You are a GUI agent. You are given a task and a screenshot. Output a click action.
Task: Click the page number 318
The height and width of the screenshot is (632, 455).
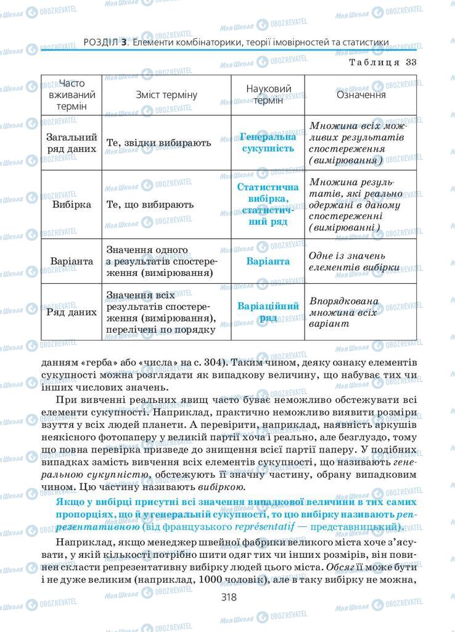point(227,597)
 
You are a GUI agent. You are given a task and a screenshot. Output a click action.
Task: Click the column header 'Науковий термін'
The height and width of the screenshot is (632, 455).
point(268,95)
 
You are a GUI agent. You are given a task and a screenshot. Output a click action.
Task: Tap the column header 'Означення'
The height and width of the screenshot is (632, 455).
point(361,95)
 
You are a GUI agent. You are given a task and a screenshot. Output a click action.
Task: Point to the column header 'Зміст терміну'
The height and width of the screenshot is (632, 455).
point(166,95)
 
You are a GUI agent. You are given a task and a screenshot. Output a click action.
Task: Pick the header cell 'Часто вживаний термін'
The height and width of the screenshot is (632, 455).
point(72,94)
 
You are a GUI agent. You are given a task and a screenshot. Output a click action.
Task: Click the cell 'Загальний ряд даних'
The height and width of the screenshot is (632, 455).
point(72,143)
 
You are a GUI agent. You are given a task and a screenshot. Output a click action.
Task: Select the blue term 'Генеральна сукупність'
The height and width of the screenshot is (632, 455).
point(268,143)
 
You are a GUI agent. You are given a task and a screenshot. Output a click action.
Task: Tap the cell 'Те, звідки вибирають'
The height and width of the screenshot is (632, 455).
point(158,143)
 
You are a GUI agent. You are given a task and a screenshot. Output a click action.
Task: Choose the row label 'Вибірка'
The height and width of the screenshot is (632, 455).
point(72,204)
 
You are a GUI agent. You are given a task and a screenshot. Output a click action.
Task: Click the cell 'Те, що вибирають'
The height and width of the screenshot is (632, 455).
point(150,204)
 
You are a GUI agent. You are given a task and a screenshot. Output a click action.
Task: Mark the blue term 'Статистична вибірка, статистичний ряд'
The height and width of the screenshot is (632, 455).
point(268,204)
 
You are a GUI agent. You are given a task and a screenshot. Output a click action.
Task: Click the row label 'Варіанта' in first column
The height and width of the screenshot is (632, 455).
point(72,261)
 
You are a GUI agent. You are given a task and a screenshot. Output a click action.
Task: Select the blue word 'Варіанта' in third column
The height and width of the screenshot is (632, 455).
point(268,261)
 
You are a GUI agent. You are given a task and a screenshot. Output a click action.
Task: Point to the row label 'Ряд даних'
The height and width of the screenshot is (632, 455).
point(72,312)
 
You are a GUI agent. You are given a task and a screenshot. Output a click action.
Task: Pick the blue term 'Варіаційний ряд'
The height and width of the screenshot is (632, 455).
point(268,312)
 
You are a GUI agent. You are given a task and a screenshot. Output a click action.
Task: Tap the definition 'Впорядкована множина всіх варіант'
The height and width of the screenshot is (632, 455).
point(353,312)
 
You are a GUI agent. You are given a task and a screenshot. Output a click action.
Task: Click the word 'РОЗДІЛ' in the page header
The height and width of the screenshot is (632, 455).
point(99,42)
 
